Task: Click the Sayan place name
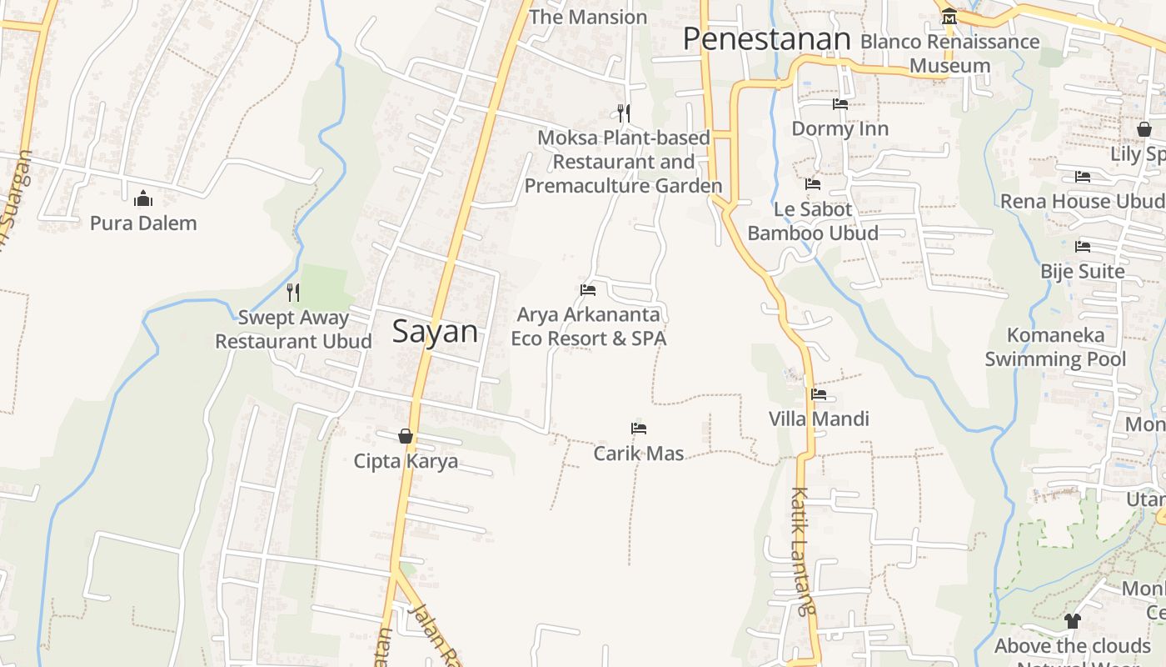click(x=435, y=332)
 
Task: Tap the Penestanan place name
click(x=766, y=39)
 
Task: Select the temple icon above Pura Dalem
click(x=143, y=198)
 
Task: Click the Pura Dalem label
click(x=143, y=223)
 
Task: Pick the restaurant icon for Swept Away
click(x=293, y=292)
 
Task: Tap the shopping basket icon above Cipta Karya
click(x=406, y=436)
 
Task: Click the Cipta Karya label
click(x=406, y=461)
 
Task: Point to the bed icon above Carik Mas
click(x=639, y=429)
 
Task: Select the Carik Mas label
click(x=639, y=454)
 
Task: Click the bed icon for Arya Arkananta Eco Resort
click(x=588, y=290)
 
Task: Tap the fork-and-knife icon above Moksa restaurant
click(x=623, y=113)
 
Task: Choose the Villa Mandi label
click(x=819, y=419)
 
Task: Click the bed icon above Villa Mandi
click(x=819, y=394)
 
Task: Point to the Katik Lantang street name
click(x=801, y=550)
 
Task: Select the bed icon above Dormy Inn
click(x=840, y=104)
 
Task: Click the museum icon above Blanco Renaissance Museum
click(x=949, y=17)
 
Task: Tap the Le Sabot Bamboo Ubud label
click(x=813, y=221)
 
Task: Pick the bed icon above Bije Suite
click(x=1083, y=247)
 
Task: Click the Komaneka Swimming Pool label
click(x=1055, y=347)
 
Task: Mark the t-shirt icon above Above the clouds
click(x=1073, y=621)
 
